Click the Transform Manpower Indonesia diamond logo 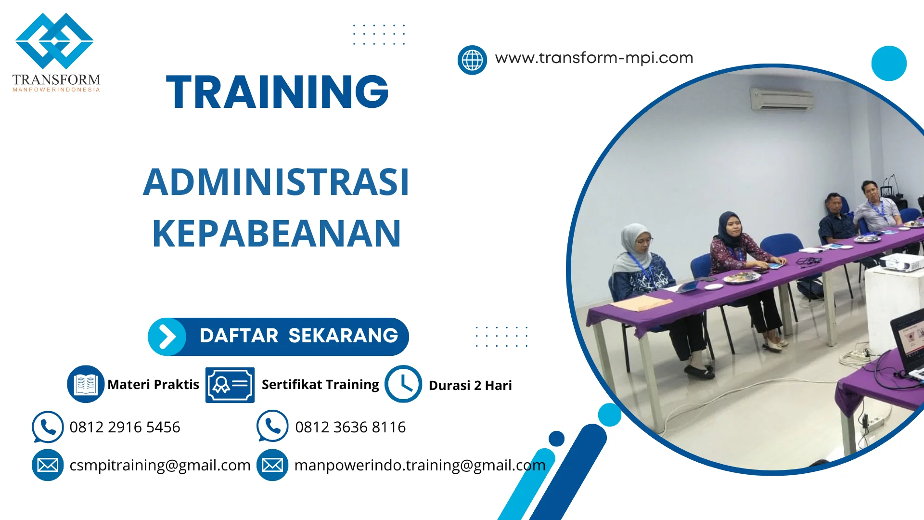54,41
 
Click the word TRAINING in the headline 277,92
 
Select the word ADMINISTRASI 276,182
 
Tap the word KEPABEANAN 276,234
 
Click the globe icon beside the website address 472,60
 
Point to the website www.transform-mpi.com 594,58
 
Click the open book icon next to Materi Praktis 86,384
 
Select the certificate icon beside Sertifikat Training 230,385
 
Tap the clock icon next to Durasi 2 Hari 403,384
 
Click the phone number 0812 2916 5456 125,427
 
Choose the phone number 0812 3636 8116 350,427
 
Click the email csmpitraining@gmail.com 160,465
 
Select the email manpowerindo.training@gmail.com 420,465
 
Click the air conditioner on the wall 782,99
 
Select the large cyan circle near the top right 888,63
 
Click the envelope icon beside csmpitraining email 48,465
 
